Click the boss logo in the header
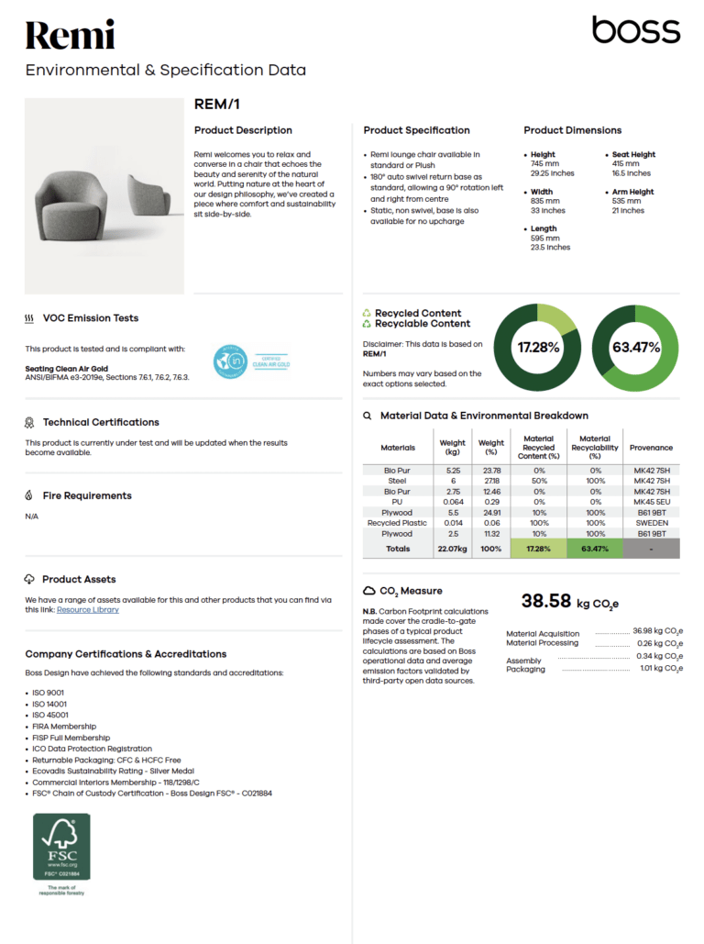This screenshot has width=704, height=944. pos(635,30)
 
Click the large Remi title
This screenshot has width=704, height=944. pos(70,36)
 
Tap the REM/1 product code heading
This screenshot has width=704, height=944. pos(217,105)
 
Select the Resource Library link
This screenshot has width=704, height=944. pos(88,609)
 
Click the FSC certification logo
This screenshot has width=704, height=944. pos(62,848)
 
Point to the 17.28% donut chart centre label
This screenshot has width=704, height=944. pos(538,348)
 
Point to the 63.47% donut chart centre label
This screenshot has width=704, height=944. pos(636,348)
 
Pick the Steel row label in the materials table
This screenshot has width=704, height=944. pos(397,481)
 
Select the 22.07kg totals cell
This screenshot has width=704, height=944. pos(453,549)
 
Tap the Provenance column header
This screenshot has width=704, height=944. pos(652,448)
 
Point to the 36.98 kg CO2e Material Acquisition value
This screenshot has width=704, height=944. pos(657,631)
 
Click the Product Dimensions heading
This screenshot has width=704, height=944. pos(572,130)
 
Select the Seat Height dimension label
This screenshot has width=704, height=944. pos(633,154)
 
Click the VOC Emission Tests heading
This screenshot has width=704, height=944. pos(90,318)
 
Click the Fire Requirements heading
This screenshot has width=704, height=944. pos(87,495)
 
